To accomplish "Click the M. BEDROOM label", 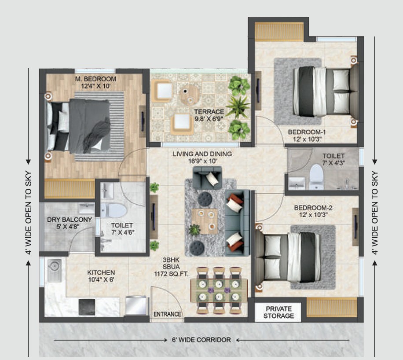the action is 95,79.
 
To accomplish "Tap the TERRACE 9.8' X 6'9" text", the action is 209,115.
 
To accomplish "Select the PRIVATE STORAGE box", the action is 278,312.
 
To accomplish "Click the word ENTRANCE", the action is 167,314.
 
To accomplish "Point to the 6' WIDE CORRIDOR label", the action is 201,340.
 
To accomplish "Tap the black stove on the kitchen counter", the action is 87,307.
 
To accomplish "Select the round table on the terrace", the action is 190,95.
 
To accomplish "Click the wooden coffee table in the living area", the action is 205,221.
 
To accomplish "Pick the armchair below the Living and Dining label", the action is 207,177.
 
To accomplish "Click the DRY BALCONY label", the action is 70,219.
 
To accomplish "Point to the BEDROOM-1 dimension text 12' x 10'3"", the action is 308,139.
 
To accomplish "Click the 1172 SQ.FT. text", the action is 171,274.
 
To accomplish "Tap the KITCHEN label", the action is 101,272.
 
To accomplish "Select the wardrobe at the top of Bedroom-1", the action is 279,32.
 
